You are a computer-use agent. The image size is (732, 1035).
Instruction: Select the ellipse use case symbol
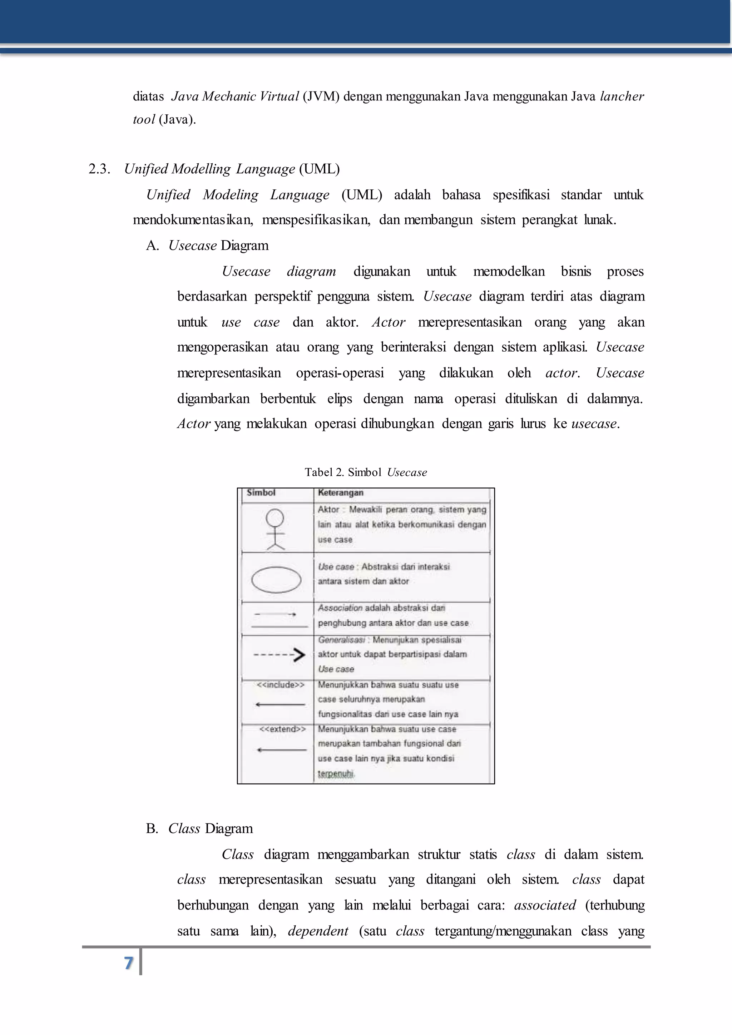point(276,580)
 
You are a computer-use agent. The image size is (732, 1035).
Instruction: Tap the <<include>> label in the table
point(280,685)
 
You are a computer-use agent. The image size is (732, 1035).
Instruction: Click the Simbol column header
point(261,493)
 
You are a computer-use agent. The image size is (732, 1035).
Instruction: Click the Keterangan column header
point(340,493)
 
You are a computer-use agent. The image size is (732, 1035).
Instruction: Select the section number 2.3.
point(99,169)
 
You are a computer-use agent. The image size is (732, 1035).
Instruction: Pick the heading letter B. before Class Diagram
point(152,828)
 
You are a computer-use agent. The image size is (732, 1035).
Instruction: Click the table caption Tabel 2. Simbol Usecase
point(366,472)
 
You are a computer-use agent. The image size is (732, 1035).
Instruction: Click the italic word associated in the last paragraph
point(545,905)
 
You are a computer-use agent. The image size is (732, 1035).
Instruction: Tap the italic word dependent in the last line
point(318,931)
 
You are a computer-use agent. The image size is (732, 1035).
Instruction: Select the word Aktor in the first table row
point(328,509)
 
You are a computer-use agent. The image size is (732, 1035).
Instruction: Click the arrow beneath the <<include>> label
point(280,704)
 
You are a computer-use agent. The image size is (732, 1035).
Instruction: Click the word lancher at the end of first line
point(622,96)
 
